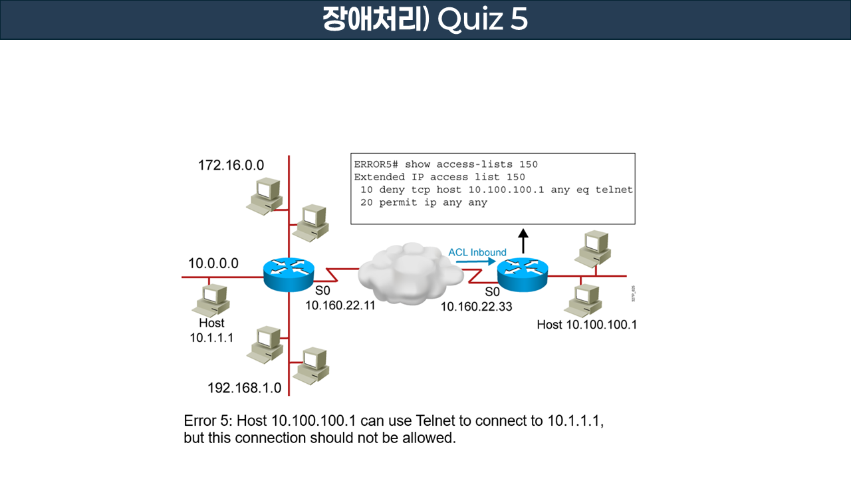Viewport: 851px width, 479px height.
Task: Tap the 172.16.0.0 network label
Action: pos(231,165)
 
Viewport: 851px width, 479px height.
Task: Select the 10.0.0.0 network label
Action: pos(213,263)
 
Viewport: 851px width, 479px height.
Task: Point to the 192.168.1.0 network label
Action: pos(244,388)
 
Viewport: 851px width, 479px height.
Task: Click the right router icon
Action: pos(523,274)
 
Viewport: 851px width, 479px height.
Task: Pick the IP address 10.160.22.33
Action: pos(476,307)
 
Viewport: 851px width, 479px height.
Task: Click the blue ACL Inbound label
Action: pos(477,252)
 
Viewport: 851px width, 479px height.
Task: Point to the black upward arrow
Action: pos(523,240)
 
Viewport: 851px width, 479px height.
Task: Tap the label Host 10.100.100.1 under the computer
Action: pos(586,325)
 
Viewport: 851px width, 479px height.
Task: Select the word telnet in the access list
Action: pos(614,190)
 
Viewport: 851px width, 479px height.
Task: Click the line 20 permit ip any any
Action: pos(424,202)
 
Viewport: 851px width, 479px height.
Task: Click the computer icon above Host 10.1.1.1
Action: pos(211,299)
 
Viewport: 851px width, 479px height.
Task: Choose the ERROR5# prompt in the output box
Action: pos(376,164)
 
